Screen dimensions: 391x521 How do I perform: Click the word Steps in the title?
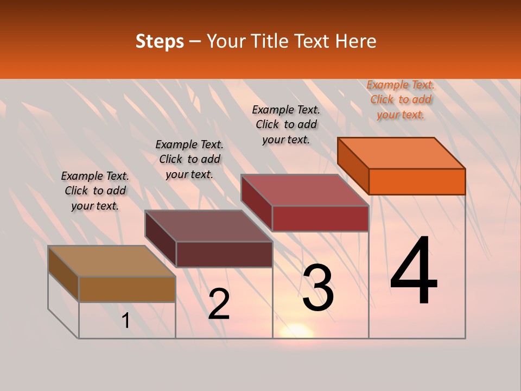pos(160,41)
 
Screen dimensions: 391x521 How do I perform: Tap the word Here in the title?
pos(355,41)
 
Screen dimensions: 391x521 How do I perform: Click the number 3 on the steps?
pos(318,288)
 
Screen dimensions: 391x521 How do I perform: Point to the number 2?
pos(219,304)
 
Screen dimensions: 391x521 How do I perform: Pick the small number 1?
pos(126,321)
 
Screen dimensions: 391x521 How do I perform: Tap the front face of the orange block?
pos(417,181)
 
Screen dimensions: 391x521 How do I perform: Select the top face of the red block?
pos(305,190)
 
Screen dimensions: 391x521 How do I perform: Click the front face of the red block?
pos(320,218)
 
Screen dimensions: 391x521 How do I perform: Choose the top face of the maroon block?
pos(209,226)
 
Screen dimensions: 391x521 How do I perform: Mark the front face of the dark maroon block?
pos(224,254)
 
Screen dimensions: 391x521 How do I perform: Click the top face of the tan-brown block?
pos(112,261)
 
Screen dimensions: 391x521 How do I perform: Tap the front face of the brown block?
pos(127,289)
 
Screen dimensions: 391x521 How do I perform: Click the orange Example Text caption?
pos(401,99)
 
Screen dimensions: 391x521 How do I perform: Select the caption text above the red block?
pos(286,124)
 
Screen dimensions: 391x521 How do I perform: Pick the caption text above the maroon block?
pos(189,159)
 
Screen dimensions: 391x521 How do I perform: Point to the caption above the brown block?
pos(95,191)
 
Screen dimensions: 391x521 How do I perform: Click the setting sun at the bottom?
pos(296,331)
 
